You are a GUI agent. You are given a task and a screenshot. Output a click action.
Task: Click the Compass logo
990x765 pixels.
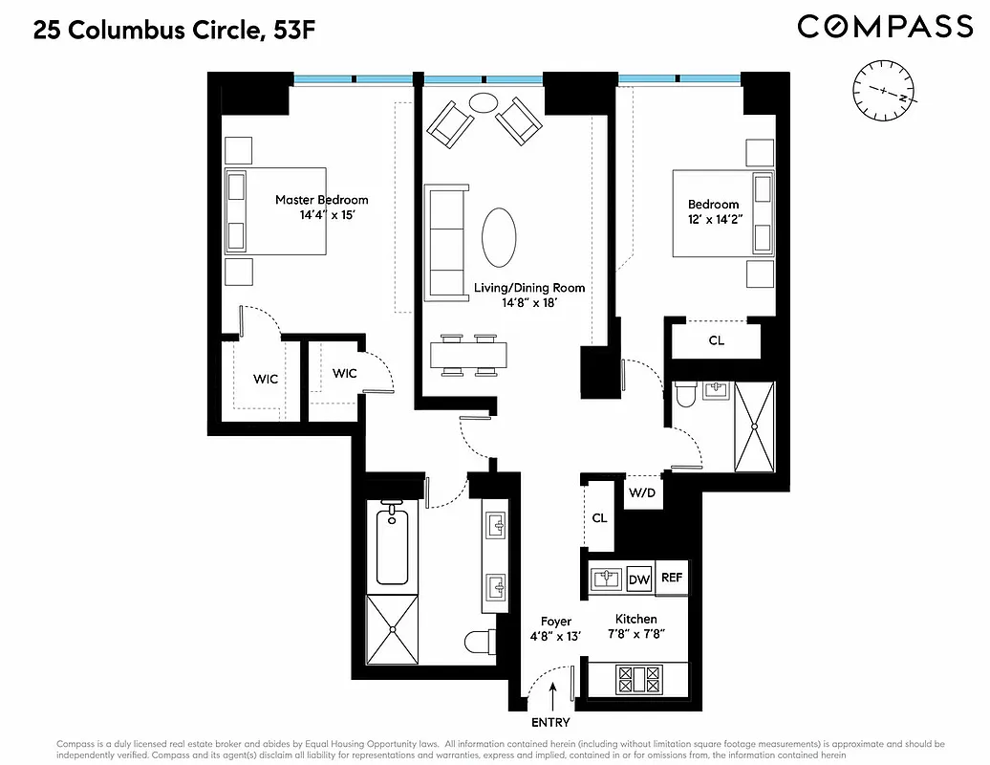885,27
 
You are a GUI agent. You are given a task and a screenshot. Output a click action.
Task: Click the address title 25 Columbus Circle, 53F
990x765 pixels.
174,30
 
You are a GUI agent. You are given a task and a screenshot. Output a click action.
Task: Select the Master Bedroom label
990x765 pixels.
321,200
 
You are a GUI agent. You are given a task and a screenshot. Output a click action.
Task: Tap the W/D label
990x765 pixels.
640,494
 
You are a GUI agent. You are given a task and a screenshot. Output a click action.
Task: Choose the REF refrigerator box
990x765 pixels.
672,578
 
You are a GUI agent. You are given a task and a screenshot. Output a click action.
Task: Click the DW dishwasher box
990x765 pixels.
638,579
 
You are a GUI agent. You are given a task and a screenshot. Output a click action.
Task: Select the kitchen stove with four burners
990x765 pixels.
639,680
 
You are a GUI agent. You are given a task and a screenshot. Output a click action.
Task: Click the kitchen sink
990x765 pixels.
606,579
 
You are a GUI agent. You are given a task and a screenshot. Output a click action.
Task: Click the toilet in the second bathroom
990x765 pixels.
686,395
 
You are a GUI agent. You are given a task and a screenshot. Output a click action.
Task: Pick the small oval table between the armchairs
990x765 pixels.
484,102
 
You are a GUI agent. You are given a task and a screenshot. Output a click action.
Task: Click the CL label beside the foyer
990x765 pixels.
599,517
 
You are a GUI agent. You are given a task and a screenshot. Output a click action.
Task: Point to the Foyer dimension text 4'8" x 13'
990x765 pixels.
556,636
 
